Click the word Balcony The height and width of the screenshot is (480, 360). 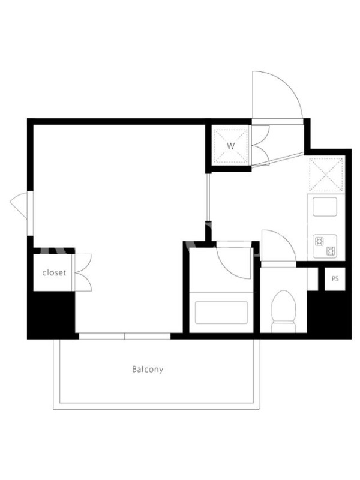148,369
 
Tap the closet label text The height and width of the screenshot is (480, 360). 54,272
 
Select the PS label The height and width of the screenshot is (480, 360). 335,279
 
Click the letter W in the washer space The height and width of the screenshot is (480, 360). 231,146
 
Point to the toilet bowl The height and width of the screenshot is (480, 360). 283,311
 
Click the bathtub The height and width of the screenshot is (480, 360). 221,312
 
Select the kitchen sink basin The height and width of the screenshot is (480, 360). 325,206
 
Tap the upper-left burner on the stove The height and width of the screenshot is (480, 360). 319,242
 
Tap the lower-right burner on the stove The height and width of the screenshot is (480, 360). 331,251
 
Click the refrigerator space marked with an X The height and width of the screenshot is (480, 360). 326,174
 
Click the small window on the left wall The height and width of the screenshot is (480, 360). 29,214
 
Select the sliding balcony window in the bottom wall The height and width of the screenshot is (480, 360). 125,336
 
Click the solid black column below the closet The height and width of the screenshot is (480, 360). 51,314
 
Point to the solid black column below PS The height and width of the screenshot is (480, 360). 329,314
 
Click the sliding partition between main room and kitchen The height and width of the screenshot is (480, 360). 208,197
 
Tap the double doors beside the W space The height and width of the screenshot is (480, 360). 260,145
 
